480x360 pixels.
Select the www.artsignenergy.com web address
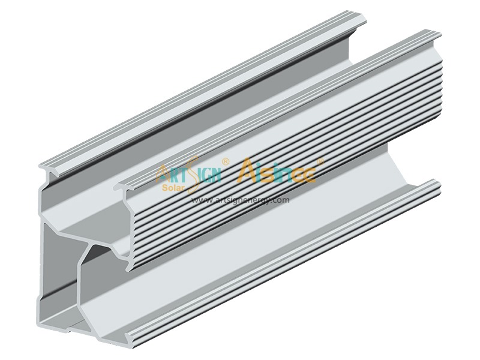point(240,200)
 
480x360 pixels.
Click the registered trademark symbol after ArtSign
point(225,161)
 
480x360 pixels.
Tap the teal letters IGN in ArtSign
point(207,175)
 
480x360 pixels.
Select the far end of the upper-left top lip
point(360,21)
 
